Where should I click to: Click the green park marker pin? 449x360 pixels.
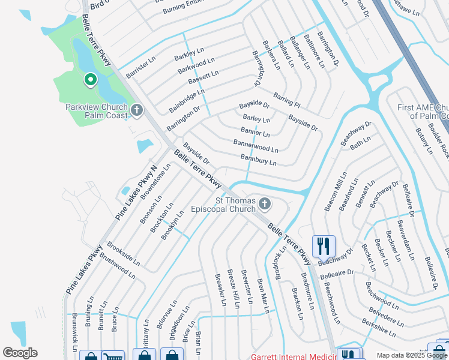91,80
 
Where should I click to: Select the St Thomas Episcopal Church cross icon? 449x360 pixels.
264,205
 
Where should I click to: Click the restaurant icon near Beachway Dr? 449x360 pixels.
323,245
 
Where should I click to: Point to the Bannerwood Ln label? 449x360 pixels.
256,146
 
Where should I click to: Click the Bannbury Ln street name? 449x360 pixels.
258,160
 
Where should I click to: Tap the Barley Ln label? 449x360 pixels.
256,119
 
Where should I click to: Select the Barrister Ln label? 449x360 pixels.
141,67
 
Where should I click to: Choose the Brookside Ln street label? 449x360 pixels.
123,254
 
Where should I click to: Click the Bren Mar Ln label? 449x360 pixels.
261,295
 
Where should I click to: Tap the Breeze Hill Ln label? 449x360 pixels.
233,289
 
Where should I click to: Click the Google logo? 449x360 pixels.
20,353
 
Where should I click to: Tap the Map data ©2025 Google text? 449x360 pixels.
412,355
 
